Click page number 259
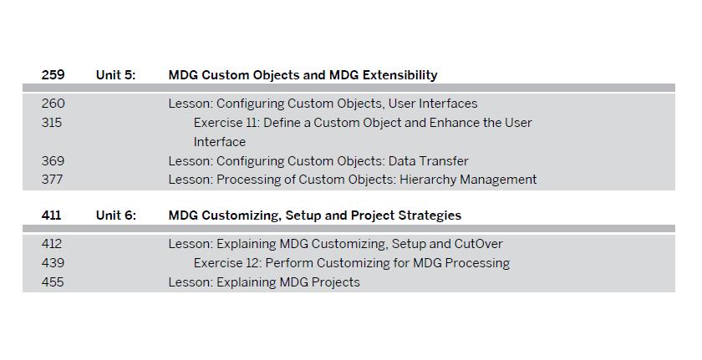[53, 74]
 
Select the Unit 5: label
[115, 74]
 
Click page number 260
[53, 104]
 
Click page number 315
[52, 123]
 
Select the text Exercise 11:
[226, 123]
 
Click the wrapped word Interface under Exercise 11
[219, 142]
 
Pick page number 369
[53, 161]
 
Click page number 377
[52, 180]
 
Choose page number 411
[51, 215]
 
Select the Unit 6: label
[115, 215]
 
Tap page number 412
[52, 244]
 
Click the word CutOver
[479, 244]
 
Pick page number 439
[53, 262]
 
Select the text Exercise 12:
[227, 262]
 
